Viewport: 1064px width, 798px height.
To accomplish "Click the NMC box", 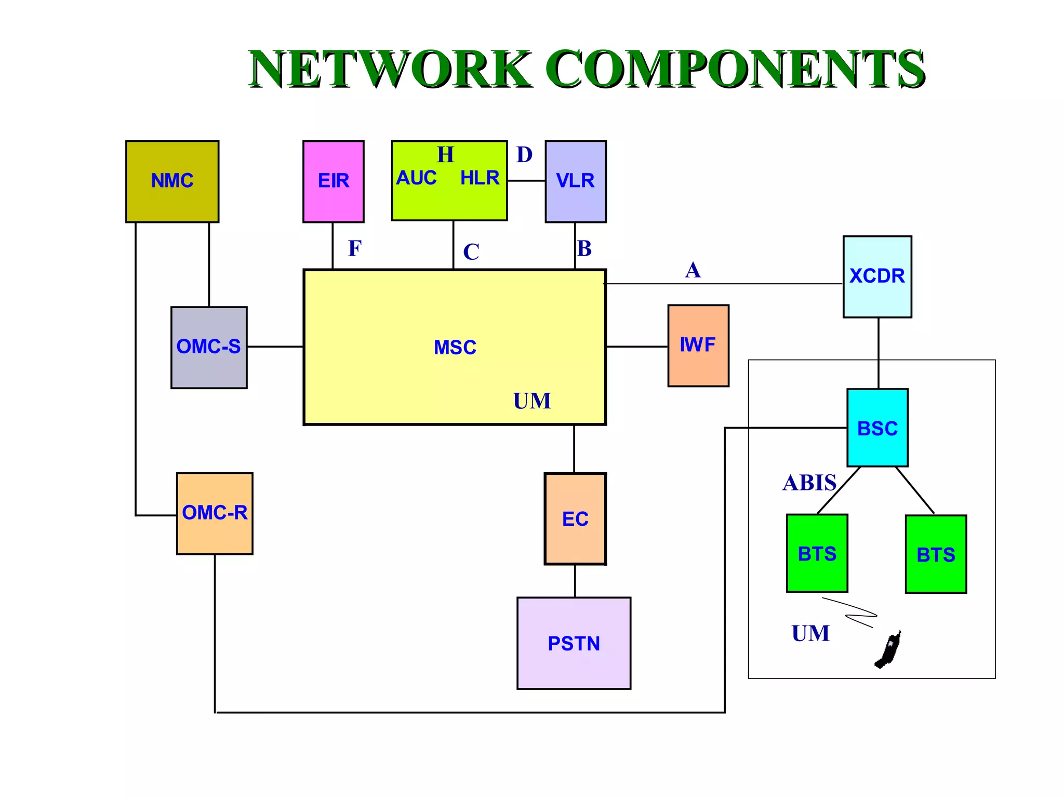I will coord(172,181).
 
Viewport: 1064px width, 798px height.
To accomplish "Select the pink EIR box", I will coord(333,181).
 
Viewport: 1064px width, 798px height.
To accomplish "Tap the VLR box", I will coord(575,181).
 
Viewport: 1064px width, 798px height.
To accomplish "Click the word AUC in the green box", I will coord(416,178).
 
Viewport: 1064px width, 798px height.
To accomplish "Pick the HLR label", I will coord(480,178).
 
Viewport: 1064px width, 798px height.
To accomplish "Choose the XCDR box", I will coord(877,276).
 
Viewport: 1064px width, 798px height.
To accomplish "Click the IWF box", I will coord(698,345).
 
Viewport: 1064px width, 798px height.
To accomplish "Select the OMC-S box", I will coord(209,347).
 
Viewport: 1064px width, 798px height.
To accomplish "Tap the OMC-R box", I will coord(215,513).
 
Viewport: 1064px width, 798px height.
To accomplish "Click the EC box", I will coord(575,519).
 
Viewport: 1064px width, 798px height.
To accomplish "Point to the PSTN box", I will coord(574,643).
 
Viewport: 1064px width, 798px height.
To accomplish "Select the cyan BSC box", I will coord(877,428).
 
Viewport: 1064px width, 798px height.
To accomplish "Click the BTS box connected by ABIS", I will coord(817,553).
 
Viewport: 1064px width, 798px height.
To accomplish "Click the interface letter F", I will coord(354,248).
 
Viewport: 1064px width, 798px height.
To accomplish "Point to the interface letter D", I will coord(524,155).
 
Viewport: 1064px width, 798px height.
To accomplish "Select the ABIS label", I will coord(809,483).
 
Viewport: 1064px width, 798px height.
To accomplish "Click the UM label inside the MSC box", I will coord(532,401).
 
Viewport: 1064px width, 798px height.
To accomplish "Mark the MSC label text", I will coord(455,348).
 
